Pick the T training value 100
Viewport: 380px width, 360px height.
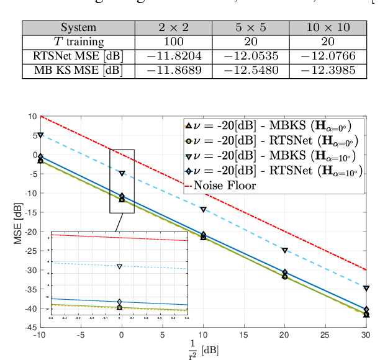coord(173,42)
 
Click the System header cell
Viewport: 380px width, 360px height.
coord(78,28)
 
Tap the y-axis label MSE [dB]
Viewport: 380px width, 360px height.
coord(18,221)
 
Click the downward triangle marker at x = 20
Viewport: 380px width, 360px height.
coord(285,250)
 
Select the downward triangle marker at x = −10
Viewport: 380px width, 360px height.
coord(40,135)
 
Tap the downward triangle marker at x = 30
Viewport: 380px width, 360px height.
coord(366,289)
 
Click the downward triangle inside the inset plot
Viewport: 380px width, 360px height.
coord(119,266)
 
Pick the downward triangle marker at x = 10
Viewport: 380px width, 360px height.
coord(204,210)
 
